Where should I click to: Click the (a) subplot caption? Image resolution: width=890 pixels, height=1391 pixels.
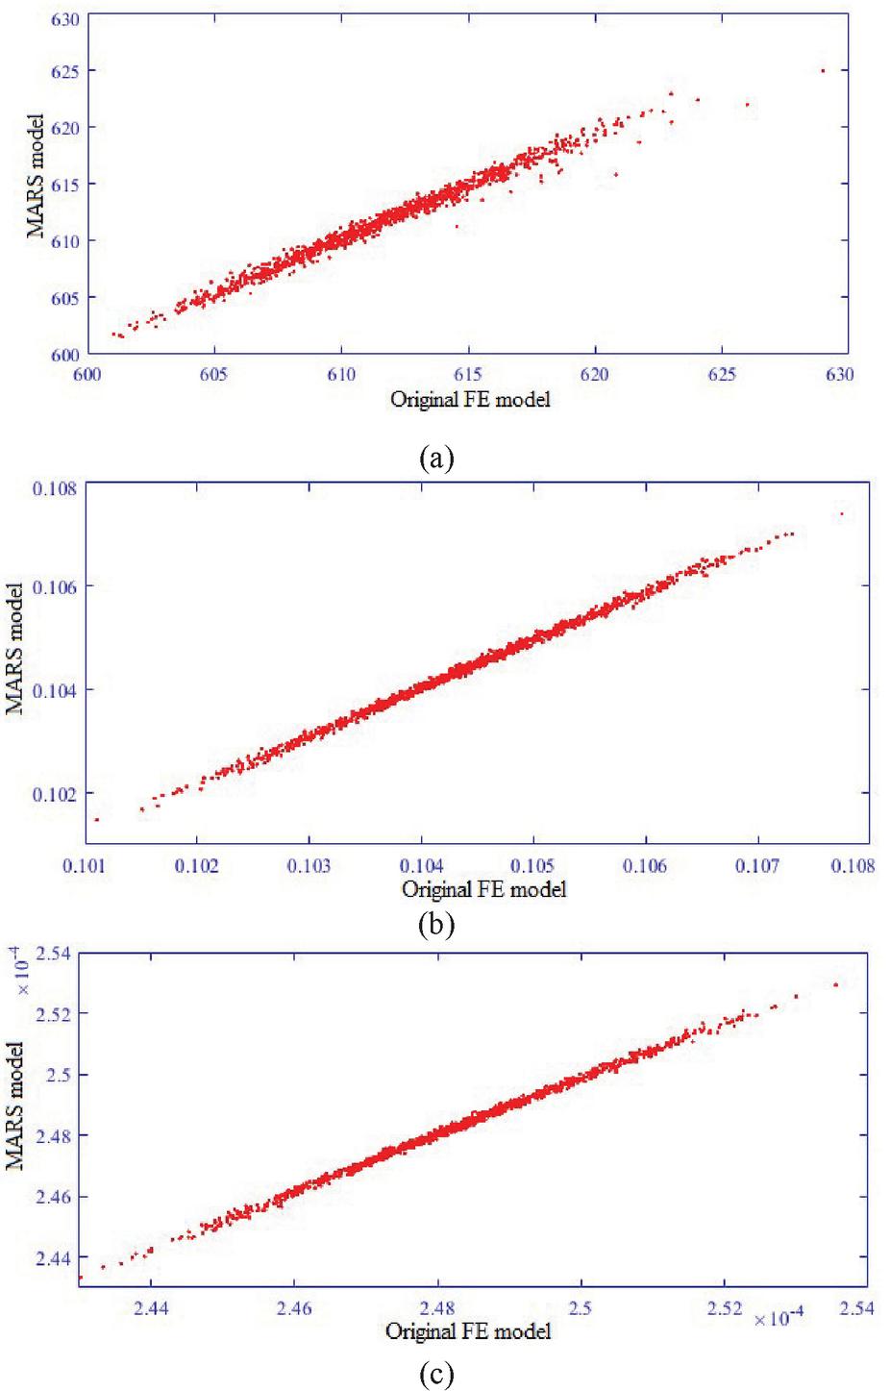[436, 457]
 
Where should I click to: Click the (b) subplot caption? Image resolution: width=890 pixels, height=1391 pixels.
[436, 925]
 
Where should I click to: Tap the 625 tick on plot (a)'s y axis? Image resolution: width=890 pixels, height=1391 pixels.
[63, 71]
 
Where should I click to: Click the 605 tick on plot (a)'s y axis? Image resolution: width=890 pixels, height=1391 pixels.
[63, 298]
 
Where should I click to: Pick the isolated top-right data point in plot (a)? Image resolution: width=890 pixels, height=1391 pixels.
[823, 71]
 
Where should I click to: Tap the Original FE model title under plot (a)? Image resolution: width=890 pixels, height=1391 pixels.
[470, 400]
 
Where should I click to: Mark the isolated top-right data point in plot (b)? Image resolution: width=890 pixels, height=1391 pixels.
[842, 514]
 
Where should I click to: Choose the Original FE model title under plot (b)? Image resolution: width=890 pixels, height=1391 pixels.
[483, 889]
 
